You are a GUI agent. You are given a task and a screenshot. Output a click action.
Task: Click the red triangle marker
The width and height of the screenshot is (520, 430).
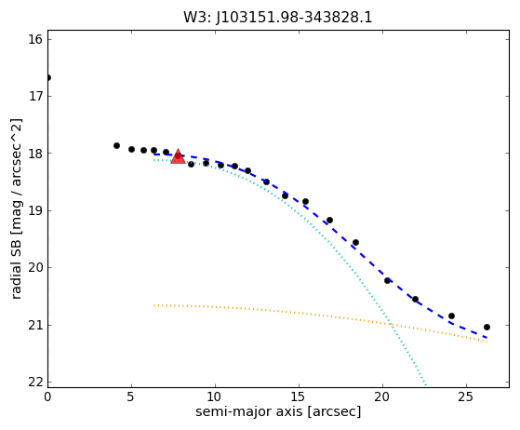point(178,156)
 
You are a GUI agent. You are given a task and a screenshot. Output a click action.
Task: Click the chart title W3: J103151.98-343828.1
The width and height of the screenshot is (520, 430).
point(278,18)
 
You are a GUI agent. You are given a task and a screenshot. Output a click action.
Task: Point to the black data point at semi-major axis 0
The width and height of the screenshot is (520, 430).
point(47,78)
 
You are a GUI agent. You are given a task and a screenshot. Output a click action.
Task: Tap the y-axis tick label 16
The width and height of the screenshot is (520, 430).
point(35,39)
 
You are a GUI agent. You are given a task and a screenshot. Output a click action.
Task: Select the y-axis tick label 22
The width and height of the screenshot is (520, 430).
point(35,383)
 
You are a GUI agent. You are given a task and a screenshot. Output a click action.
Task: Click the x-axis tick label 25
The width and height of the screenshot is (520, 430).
point(466,396)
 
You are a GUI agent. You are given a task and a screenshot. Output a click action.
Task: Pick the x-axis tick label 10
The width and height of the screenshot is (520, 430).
point(215,396)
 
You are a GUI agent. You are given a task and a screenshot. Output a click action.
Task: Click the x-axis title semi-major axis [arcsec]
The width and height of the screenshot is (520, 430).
point(278,411)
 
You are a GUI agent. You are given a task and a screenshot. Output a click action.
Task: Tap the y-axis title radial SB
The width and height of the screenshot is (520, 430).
point(16,209)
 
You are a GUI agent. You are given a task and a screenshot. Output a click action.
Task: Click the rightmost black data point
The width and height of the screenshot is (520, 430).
point(487,327)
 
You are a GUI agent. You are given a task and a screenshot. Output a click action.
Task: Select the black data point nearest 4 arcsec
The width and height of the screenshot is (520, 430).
point(116,145)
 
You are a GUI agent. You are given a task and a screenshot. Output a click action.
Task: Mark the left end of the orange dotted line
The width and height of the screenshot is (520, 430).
point(153,305)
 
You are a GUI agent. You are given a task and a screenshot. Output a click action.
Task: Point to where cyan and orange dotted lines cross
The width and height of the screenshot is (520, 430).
point(392,324)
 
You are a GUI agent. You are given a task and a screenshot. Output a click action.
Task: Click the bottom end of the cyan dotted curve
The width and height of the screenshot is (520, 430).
point(426,385)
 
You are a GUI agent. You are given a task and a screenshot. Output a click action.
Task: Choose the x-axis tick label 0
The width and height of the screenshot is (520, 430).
point(47,396)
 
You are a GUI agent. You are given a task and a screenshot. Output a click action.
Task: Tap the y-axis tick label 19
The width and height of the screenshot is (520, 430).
point(35,210)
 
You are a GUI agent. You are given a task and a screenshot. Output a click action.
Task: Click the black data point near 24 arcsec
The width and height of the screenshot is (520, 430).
point(451,316)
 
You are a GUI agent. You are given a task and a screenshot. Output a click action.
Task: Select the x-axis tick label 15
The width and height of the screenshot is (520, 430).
point(299,396)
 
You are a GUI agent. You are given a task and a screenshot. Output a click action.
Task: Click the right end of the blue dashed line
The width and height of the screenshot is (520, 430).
point(487,338)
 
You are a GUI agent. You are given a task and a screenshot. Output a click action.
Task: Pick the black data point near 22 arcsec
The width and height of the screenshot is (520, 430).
point(415,300)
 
